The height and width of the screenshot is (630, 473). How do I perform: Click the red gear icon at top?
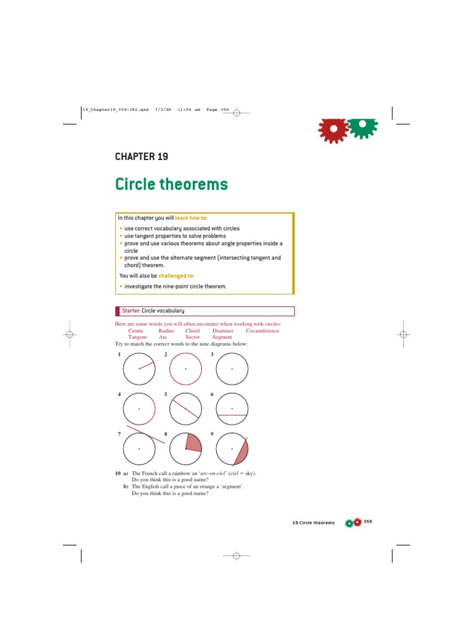(x=333, y=130)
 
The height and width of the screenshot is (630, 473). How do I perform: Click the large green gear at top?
(x=363, y=128)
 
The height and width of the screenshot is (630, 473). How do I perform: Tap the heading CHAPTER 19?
(x=142, y=157)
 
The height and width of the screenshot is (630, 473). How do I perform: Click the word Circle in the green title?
(x=135, y=184)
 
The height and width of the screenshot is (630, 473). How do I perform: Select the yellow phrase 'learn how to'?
(x=190, y=218)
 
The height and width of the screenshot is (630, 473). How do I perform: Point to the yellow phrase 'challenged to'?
(x=176, y=276)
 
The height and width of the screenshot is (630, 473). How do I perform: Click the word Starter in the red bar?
(x=131, y=311)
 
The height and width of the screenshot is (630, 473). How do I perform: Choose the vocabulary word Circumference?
(x=262, y=330)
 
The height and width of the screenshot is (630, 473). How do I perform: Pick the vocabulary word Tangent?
(x=137, y=337)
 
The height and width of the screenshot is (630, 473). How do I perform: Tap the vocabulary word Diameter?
(x=223, y=330)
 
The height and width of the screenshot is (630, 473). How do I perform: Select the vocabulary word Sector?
(x=193, y=337)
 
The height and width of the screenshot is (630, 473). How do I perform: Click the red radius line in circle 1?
(x=147, y=365)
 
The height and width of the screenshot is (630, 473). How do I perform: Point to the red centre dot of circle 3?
(x=232, y=369)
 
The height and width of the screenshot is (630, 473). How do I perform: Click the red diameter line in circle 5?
(x=185, y=409)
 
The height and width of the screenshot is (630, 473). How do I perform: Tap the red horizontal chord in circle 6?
(x=232, y=415)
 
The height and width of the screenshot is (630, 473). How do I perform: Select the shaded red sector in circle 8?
(x=193, y=443)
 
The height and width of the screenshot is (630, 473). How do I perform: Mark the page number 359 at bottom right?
(x=368, y=522)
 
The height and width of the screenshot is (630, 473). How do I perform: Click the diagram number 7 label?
(x=119, y=434)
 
